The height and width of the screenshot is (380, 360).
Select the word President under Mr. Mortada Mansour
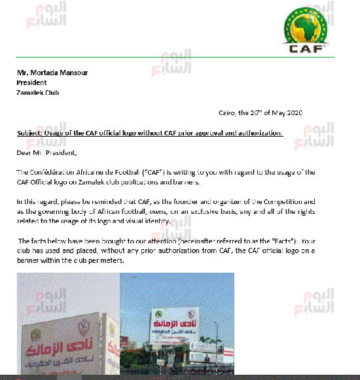click(31, 83)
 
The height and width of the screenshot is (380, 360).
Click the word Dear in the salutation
click(25, 153)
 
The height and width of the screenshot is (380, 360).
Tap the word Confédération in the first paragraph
click(53, 172)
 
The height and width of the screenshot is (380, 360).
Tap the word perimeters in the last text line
click(108, 261)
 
